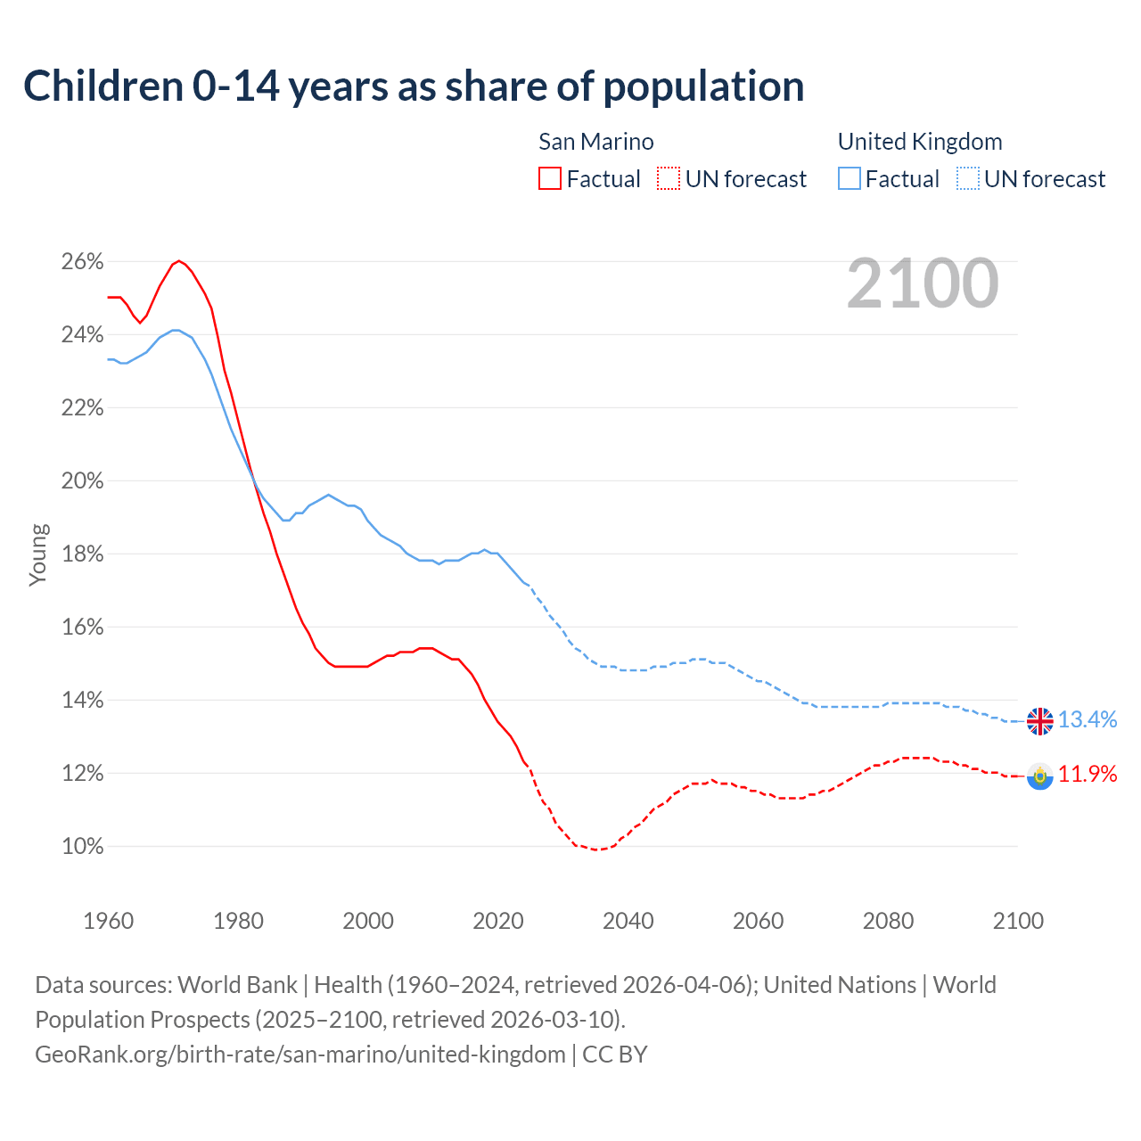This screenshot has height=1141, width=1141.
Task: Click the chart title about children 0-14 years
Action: [414, 86]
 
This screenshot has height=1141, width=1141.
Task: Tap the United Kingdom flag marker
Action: [1039, 720]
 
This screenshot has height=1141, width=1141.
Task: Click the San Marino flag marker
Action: [1039, 776]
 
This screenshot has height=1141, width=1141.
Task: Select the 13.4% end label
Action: [1088, 719]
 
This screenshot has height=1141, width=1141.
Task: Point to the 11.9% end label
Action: [1088, 774]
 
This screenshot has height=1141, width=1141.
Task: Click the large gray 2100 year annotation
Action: [923, 283]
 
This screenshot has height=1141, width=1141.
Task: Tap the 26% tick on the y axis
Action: [82, 262]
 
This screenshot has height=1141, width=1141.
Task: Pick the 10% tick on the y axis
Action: [82, 847]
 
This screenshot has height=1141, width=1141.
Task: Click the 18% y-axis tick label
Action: [82, 554]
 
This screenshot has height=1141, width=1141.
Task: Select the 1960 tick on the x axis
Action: [108, 921]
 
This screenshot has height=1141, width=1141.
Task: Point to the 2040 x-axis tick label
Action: [628, 921]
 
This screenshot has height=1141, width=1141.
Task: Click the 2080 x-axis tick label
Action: [888, 921]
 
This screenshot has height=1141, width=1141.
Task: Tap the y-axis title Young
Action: [37, 554]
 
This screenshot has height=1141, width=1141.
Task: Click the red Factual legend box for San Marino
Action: [550, 179]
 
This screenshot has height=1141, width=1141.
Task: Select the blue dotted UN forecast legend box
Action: [968, 179]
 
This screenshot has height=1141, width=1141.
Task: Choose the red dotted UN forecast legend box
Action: [669, 179]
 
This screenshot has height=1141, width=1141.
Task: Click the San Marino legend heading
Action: [595, 142]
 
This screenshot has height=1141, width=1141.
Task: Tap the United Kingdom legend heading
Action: [920, 142]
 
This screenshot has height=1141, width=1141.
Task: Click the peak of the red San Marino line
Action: [179, 261]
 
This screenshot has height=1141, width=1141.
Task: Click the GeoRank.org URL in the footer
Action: [300, 1055]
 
